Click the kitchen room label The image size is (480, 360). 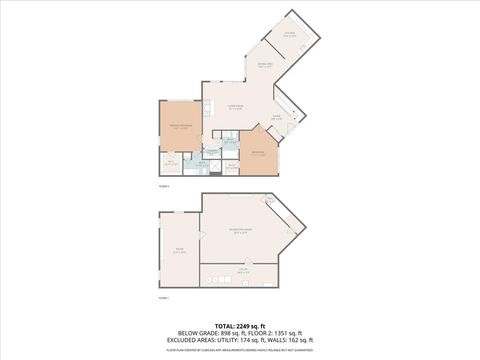click(x=289, y=35)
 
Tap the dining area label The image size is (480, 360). click(x=266, y=66)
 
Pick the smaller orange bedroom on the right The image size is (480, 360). click(x=258, y=155)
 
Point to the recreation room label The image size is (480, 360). click(x=242, y=231)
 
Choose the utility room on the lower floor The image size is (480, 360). click(x=243, y=271)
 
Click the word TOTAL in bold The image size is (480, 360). click(x=222, y=326)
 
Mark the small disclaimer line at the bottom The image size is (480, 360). click(x=240, y=351)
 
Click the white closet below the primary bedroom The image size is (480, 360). click(x=170, y=164)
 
